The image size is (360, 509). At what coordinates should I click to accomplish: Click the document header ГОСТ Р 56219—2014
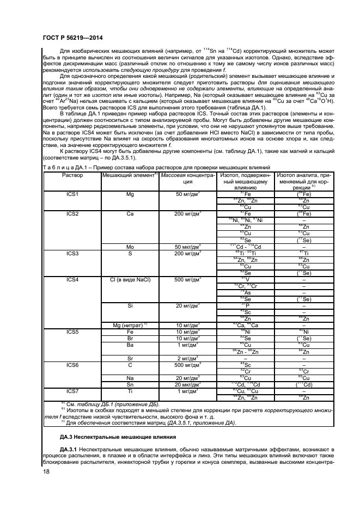[72, 38]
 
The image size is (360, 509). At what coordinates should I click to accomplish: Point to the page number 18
[46, 478]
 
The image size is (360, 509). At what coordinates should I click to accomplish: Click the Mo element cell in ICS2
[130, 247]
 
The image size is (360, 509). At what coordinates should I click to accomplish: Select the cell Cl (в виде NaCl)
[130, 279]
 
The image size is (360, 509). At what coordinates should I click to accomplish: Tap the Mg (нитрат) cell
[130, 325]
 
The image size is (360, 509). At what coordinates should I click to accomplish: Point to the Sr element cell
[130, 358]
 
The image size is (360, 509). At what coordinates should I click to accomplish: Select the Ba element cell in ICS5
[130, 345]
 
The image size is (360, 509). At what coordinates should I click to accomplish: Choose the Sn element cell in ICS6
[130, 384]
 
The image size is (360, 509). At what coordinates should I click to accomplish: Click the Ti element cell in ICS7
[130, 390]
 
